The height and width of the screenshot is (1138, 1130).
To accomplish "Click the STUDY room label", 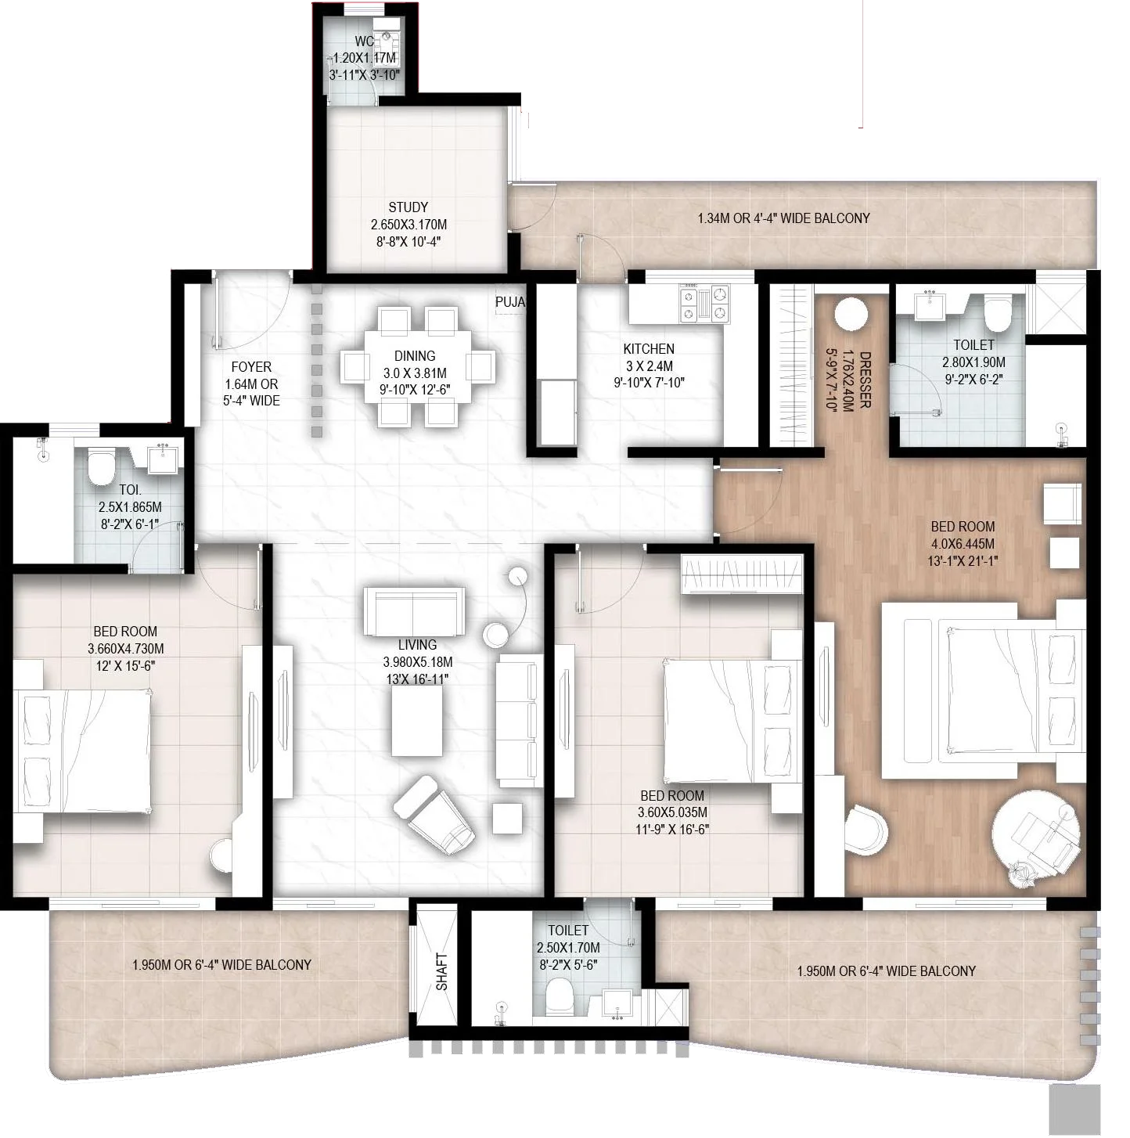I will tap(408, 207).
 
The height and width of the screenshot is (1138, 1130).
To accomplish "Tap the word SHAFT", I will tap(442, 971).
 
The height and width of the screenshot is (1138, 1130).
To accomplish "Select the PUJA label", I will tap(509, 302).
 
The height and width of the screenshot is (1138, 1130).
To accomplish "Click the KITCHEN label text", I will tap(648, 349).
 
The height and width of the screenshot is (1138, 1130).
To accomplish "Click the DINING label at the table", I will tap(414, 356).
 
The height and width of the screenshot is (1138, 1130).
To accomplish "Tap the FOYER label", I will tap(251, 367).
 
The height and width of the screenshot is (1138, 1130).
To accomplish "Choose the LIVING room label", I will tap(417, 645).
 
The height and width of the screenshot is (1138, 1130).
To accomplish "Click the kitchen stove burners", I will tap(704, 304).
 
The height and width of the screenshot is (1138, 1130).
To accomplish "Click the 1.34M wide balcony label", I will tap(783, 218).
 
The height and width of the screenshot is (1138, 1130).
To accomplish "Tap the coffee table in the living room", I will tap(416, 725).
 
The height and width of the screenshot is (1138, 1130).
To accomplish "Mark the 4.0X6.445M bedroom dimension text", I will tap(963, 544).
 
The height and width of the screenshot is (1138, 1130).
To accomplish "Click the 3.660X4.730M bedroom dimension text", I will tap(125, 649).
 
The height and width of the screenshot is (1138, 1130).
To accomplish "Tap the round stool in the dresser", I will tap(850, 315).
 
